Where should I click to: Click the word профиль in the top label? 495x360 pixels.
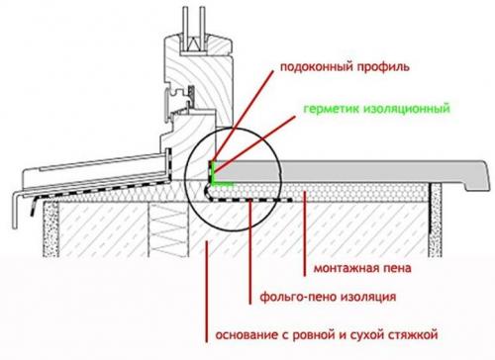[x=379, y=68]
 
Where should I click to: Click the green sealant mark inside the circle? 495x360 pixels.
[x=217, y=179]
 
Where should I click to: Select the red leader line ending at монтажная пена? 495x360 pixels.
[x=303, y=227]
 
